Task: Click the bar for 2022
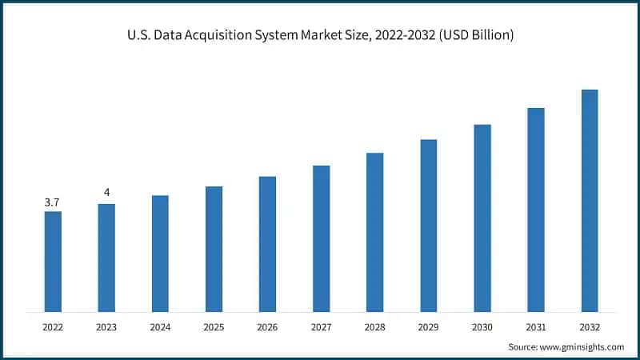53,262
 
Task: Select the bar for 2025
214,249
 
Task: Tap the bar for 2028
374,232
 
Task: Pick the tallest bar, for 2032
589,200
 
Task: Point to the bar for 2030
482,218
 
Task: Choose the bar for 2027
321,238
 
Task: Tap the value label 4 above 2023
106,193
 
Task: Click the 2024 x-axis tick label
160,326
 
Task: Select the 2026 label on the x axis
267,326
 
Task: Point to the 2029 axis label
428,326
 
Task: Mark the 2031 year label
535,326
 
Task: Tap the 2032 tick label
589,326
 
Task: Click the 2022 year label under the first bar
53,326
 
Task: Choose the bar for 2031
535,210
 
